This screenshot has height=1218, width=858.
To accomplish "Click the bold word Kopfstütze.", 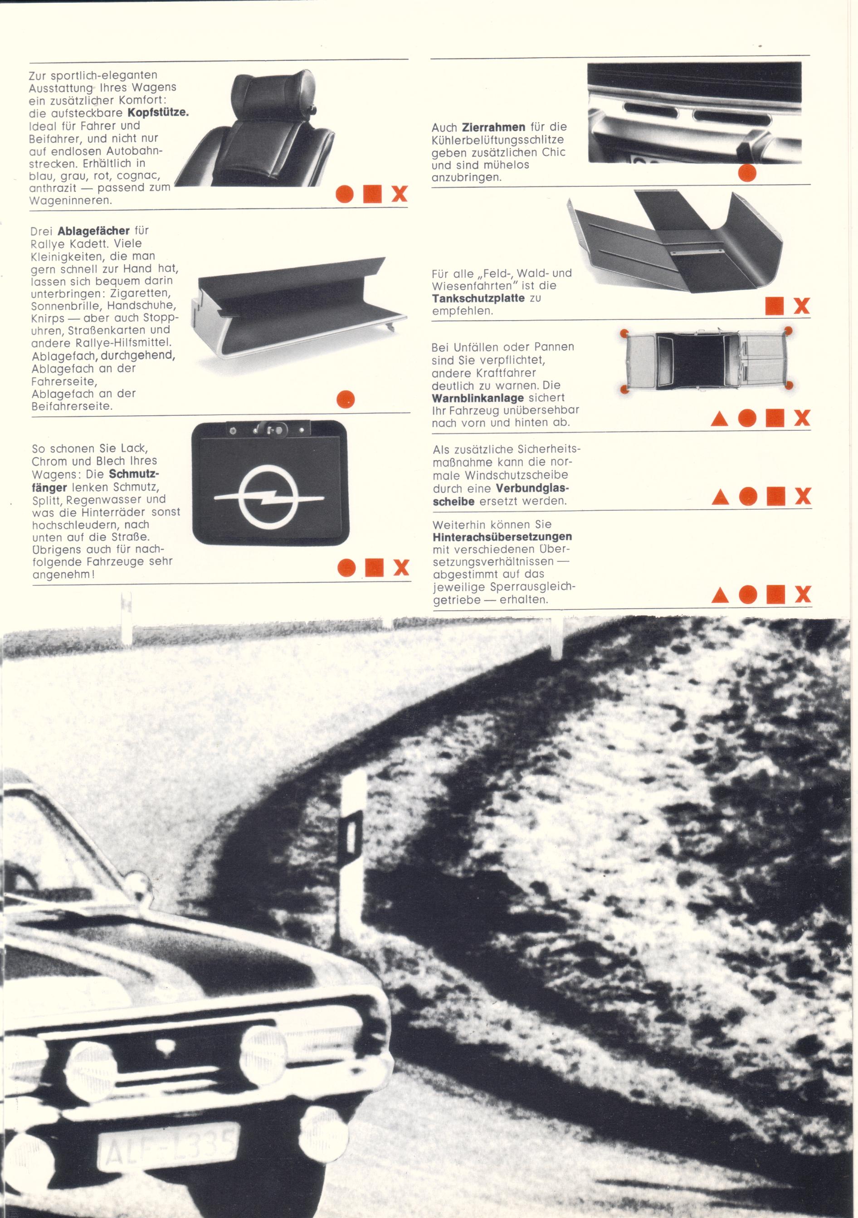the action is click(158, 113).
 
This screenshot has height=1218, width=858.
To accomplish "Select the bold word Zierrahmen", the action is click(493, 127).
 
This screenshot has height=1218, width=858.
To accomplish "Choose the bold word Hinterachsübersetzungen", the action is click(502, 536).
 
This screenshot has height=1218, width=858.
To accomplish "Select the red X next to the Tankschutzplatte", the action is click(802, 306).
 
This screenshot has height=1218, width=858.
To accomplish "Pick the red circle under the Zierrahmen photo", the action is click(748, 173).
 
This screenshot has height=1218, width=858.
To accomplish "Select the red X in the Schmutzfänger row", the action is click(401, 568).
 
